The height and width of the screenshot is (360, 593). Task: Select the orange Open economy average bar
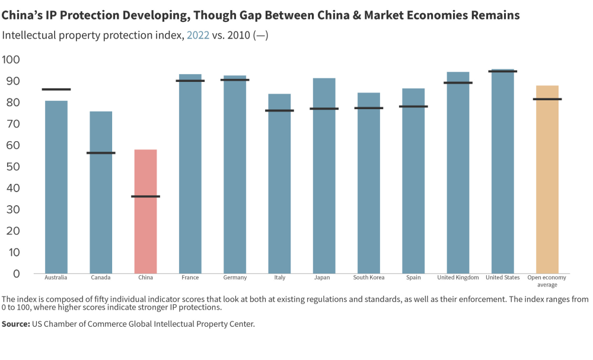coord(547,190)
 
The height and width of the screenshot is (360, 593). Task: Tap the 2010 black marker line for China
coord(145,196)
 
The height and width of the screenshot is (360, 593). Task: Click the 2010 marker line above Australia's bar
coord(56,90)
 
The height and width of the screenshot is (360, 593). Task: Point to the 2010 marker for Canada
coord(101,153)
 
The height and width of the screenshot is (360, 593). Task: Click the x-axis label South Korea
coord(369,278)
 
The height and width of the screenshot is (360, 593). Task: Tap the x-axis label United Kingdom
coord(458,278)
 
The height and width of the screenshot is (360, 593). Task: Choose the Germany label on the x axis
coord(235,278)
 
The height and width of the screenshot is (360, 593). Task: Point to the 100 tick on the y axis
coord(11,59)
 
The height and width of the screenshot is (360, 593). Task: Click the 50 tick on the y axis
coord(11,167)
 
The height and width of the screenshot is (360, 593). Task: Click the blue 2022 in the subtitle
coord(198,35)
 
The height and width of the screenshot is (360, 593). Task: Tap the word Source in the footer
coord(15,324)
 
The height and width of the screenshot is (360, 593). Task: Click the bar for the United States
coord(502,178)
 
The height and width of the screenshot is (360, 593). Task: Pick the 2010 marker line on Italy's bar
coord(279,110)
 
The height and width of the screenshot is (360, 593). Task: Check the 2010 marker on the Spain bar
coord(413,107)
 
